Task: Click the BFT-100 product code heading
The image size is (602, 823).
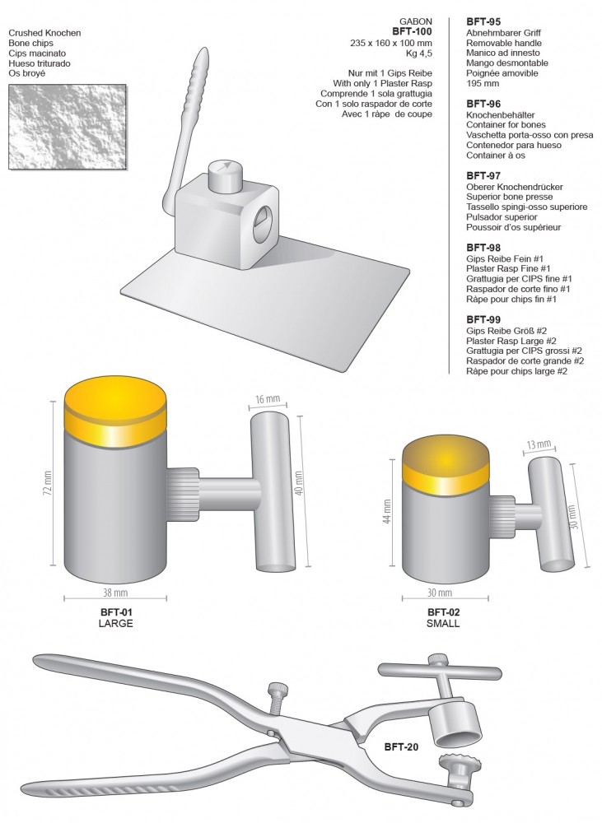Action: [413, 31]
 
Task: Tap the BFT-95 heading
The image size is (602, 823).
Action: [483, 22]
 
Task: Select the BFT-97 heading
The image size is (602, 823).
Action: [483, 176]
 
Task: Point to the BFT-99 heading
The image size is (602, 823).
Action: [483, 319]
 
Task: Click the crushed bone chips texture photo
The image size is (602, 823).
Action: [68, 127]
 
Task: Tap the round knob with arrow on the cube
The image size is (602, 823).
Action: [225, 174]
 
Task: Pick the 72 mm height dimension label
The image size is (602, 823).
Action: [49, 483]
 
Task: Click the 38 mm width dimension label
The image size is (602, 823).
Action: [115, 593]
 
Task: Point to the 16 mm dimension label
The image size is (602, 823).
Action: [268, 399]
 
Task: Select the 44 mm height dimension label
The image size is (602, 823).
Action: [387, 511]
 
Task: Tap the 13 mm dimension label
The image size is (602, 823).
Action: [539, 445]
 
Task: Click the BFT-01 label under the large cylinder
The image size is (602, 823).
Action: [116, 612]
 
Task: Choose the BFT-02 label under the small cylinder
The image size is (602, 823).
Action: [444, 612]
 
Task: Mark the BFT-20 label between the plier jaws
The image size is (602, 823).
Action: [401, 746]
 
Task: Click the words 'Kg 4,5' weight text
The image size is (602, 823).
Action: [419, 53]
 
